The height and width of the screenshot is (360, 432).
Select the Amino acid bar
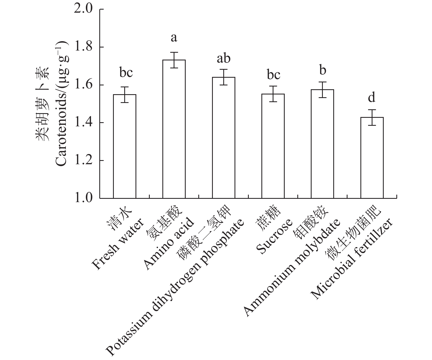point(174,129)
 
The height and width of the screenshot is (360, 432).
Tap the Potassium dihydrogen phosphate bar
point(224,138)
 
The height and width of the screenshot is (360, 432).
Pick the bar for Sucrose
point(273,146)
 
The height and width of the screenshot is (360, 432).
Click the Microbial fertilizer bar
point(372,158)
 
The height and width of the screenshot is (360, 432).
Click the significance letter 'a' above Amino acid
point(174,38)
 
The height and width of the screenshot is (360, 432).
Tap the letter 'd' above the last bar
point(372,97)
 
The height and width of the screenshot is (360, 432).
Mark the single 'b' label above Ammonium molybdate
point(323,70)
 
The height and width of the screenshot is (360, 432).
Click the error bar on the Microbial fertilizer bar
point(372,118)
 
